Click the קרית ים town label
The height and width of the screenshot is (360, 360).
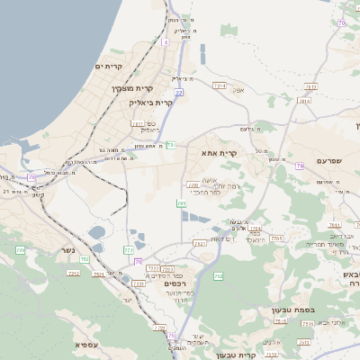(108, 67)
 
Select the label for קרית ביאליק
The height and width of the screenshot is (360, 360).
(151, 103)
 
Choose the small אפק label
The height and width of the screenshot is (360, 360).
(238, 90)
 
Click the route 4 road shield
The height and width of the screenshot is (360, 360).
(166, 42)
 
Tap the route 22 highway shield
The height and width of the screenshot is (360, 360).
(179, 92)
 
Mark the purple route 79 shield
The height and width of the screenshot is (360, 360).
(300, 166)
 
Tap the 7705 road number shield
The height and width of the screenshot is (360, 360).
(276, 238)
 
